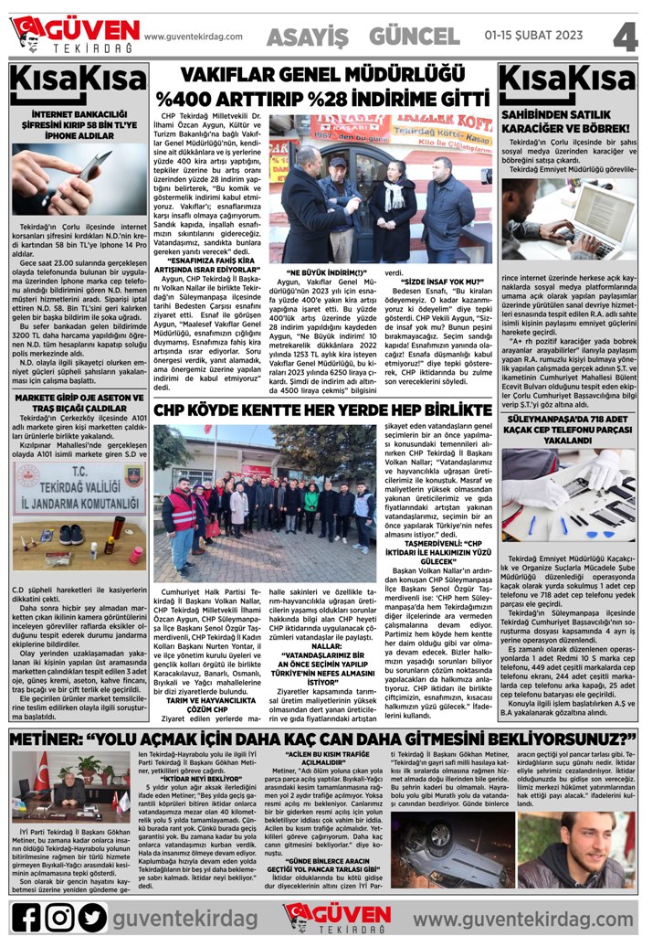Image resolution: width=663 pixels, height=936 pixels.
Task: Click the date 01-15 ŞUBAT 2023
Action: coord(535,36)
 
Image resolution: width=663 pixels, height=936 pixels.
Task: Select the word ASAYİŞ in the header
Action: coord(308,36)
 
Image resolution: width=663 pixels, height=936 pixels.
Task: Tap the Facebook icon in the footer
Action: coord(27,916)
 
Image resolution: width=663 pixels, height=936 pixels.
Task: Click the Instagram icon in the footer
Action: coord(60,916)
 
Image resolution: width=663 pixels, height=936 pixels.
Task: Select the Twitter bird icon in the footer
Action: coord(92,916)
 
